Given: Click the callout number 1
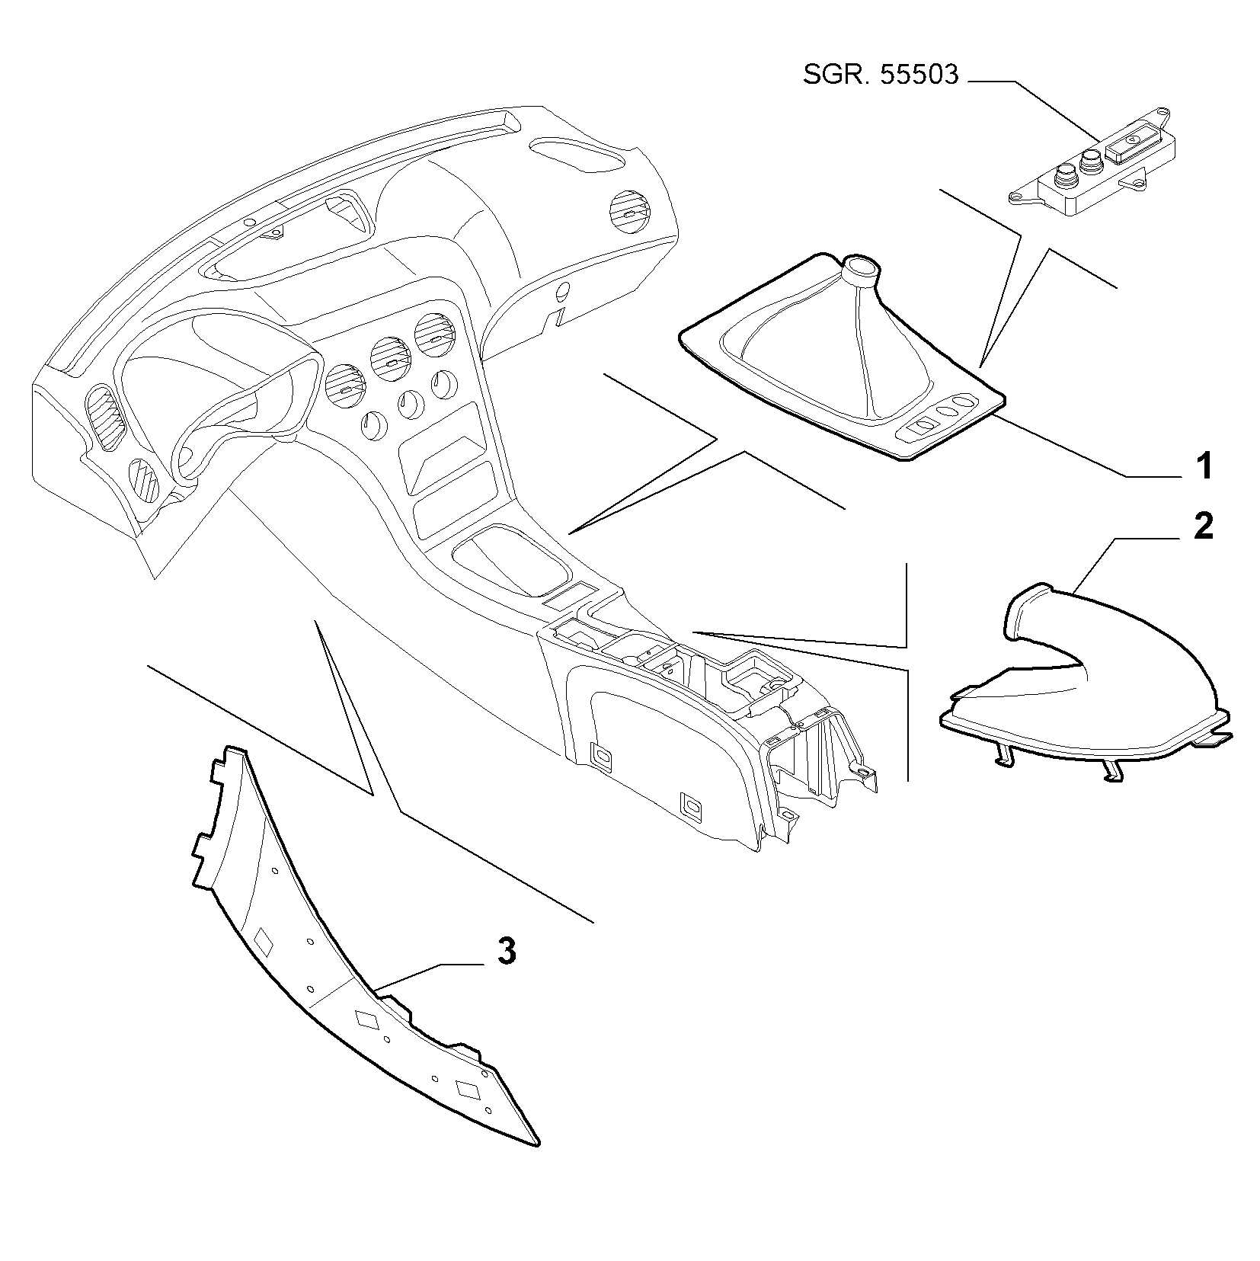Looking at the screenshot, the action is click(x=1203, y=466).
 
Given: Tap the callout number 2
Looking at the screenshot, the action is click(x=1203, y=526).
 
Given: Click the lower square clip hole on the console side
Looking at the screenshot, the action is click(x=692, y=805).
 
